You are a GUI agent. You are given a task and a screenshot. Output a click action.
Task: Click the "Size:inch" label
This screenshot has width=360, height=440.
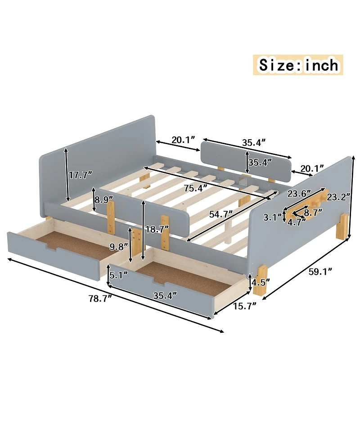coord(298,65)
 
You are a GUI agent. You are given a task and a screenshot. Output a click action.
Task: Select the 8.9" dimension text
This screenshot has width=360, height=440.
coord(104,199)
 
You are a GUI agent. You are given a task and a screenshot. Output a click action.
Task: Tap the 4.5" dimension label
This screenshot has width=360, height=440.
coord(261,282)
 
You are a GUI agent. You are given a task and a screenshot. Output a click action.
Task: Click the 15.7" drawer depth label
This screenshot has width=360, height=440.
coord(244,306)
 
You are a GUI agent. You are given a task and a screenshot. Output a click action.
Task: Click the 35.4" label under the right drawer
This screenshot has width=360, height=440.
coord(163,295)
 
